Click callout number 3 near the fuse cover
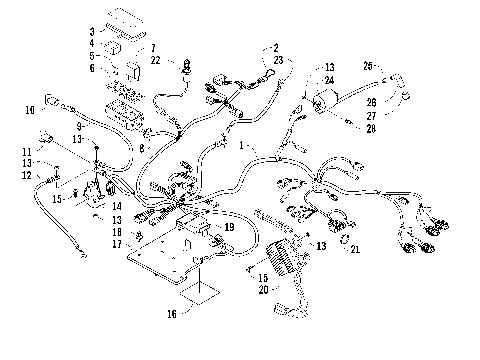click(92, 31)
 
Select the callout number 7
click(152, 48)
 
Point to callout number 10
click(30, 109)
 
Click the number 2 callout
click(274, 47)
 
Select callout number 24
click(329, 80)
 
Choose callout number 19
click(229, 227)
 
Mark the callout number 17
click(116, 244)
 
